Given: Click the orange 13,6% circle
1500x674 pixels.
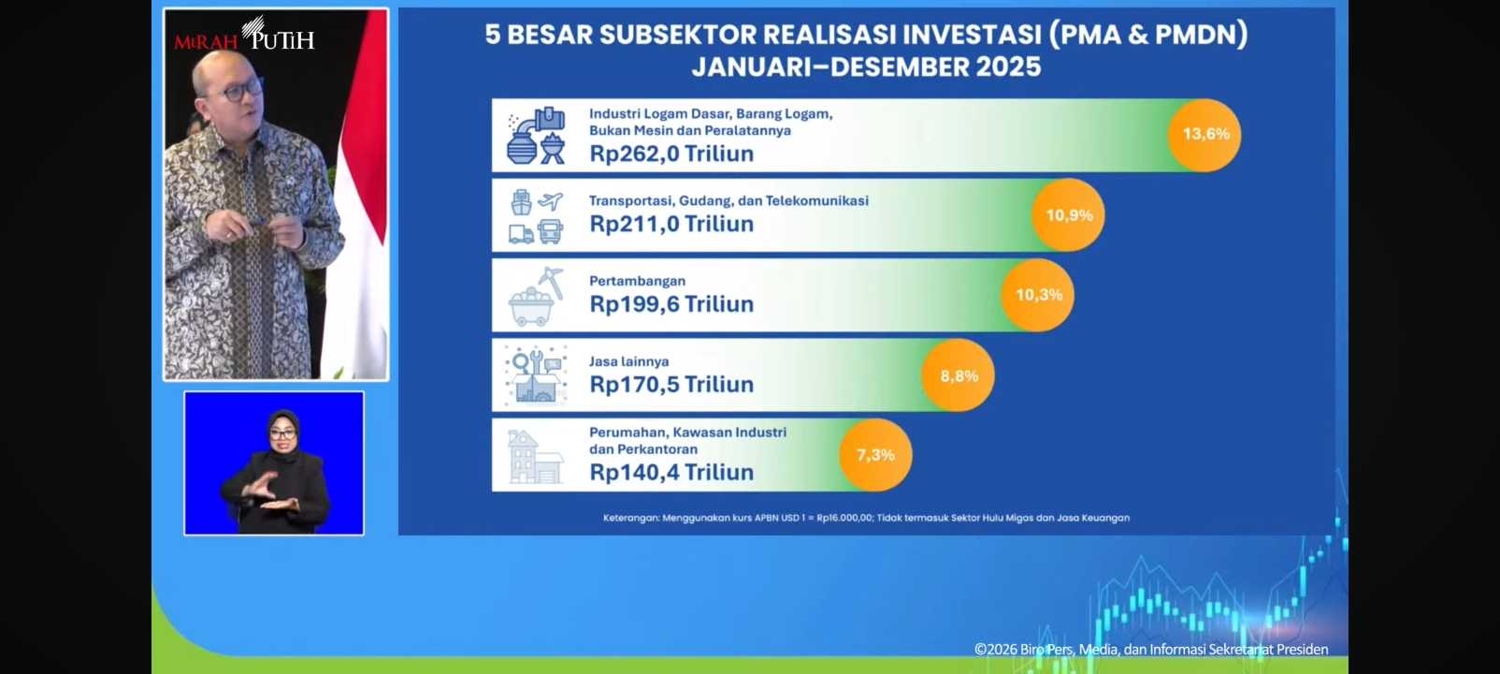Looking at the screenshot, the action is click(x=1204, y=135).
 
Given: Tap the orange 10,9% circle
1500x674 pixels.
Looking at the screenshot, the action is click(x=1069, y=215).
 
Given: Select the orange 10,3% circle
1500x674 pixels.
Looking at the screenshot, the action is click(x=1038, y=295).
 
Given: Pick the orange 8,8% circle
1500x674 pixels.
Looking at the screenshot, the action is click(x=959, y=375).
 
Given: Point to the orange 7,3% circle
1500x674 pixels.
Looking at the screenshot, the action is click(x=876, y=455).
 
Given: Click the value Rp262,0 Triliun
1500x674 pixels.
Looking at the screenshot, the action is click(x=671, y=154).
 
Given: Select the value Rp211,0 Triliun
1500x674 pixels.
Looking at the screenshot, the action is click(x=671, y=224).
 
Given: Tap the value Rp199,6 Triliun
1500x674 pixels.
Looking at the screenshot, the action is click(x=671, y=304).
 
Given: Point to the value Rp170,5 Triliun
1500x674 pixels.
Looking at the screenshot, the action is click(x=671, y=385).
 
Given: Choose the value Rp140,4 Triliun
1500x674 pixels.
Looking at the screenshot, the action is click(x=671, y=472).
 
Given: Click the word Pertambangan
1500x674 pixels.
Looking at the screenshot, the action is click(x=637, y=281).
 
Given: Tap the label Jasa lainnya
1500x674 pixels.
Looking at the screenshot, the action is click(x=628, y=361).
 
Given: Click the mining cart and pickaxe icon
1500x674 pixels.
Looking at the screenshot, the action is click(x=536, y=297).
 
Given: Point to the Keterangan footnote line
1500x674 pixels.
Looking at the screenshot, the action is click(x=866, y=518).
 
